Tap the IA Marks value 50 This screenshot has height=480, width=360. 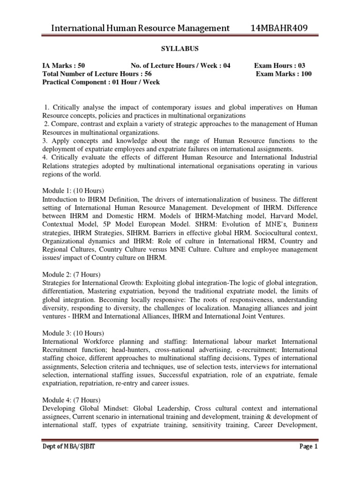(80, 66)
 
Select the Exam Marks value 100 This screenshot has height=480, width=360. (305, 74)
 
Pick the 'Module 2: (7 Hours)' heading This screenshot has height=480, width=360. (71, 274)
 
